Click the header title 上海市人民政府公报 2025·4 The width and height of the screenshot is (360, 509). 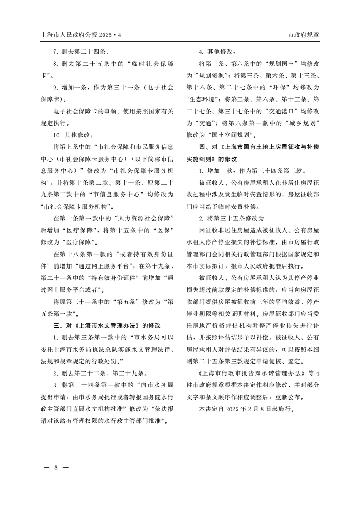pos(82,34)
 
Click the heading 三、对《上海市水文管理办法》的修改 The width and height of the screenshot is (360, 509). pos(107,325)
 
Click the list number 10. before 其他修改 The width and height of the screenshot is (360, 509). pos(58,135)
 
